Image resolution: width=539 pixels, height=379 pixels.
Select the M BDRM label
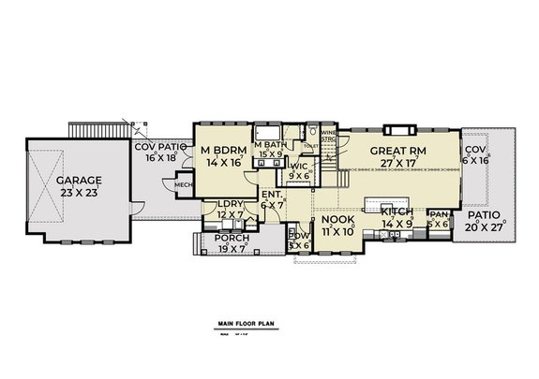[x=221, y=150]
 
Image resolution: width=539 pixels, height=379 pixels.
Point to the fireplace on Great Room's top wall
[x=397, y=128]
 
